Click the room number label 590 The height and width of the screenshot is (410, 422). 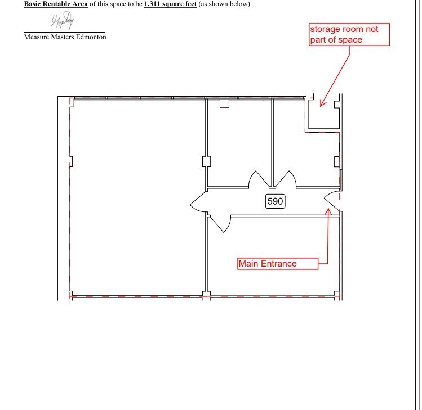(x=274, y=201)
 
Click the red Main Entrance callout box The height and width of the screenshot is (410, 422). (x=277, y=263)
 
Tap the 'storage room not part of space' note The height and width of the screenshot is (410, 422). (x=349, y=34)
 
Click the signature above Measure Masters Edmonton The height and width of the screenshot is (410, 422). (x=63, y=22)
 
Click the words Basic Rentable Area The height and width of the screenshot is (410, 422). (x=56, y=4)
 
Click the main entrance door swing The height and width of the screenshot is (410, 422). (x=333, y=201)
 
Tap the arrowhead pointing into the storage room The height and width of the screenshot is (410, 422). (x=321, y=103)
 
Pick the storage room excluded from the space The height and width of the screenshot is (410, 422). (x=322, y=115)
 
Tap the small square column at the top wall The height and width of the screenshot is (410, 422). (x=224, y=103)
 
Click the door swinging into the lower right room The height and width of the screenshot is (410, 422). (x=220, y=223)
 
